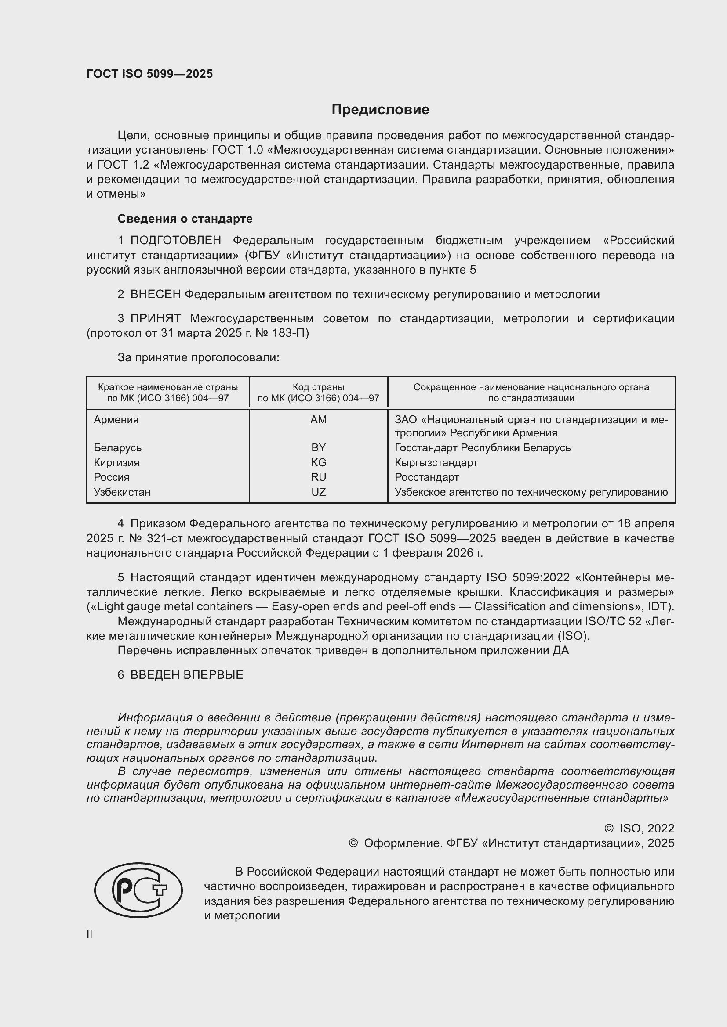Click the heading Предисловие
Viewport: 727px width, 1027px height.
click(x=380, y=110)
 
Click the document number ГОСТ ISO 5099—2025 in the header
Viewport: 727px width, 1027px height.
click(x=149, y=74)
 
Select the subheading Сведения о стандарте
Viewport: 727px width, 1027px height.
click(x=185, y=219)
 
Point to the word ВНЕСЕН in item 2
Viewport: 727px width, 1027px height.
click(x=155, y=294)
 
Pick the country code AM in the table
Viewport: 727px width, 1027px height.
click(x=318, y=420)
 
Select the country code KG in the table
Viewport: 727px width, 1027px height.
click(x=318, y=462)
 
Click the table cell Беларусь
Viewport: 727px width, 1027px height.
click(x=117, y=448)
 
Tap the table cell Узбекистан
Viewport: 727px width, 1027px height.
click(x=122, y=492)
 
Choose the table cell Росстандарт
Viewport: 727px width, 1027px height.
click(x=427, y=477)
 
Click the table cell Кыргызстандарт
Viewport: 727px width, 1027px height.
click(x=436, y=462)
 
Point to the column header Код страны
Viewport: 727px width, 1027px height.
click(x=318, y=387)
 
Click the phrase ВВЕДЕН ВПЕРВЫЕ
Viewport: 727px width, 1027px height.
click(x=187, y=675)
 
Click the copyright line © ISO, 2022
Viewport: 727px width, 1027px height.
click(x=639, y=829)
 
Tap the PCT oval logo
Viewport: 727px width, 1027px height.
click(x=138, y=890)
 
